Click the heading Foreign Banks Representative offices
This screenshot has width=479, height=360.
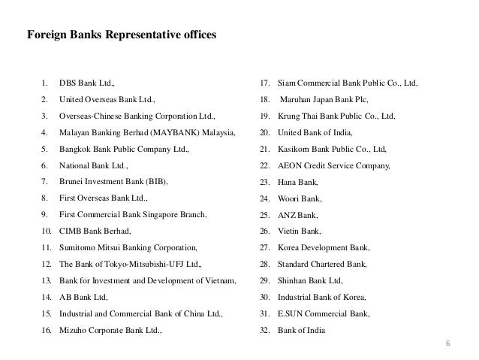(x=121, y=35)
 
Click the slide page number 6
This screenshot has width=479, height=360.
(x=448, y=344)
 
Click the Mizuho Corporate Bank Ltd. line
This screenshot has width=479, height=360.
(x=110, y=330)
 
